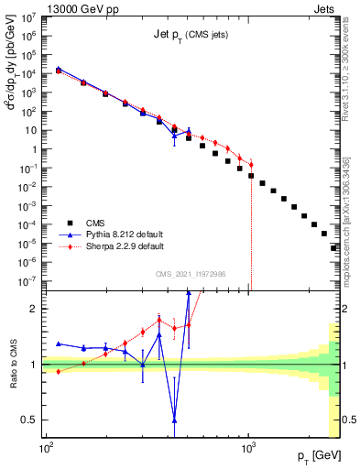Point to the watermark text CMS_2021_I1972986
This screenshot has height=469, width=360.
coord(191,274)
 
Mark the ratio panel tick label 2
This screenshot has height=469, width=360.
coord(34,309)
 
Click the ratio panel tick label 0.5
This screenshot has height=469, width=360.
coord(30,420)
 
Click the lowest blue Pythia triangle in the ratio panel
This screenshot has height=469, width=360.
coord(174,420)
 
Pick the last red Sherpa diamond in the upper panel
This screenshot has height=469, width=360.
coord(250,165)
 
